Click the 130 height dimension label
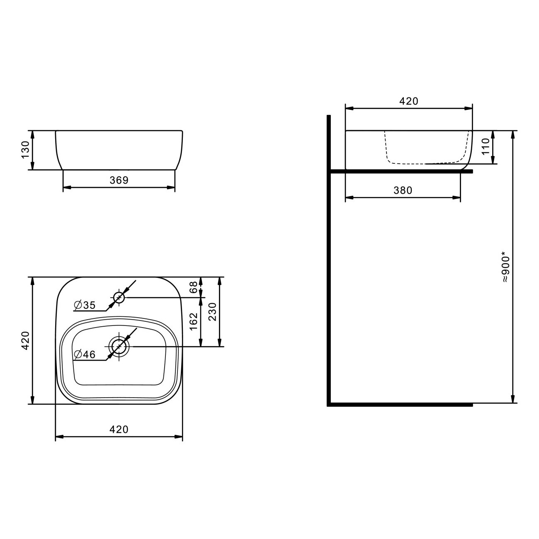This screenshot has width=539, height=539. pyautogui.click(x=25, y=150)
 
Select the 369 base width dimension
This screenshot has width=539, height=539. pyautogui.click(x=119, y=180)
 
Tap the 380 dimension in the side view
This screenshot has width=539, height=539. pyautogui.click(x=403, y=190)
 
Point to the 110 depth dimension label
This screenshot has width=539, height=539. pyautogui.click(x=486, y=146)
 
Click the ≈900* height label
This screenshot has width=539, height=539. pyautogui.click(x=506, y=267)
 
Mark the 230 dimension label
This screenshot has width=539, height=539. pyautogui.click(x=213, y=312)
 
